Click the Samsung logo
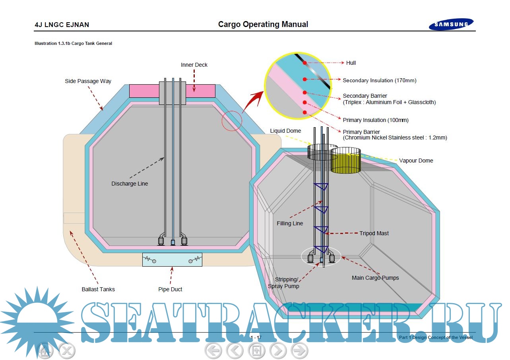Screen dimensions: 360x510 (451, 25)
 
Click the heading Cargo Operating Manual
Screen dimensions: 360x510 (263, 25)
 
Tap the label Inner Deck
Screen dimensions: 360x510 (194, 65)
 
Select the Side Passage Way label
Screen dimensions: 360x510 (88, 81)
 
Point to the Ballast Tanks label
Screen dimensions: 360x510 (98, 289)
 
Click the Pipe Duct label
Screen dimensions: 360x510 (170, 289)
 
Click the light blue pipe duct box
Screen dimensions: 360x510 (172, 260)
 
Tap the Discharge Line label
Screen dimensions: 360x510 (130, 184)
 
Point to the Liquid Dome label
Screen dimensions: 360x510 (285, 131)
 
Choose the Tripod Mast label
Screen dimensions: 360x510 (374, 233)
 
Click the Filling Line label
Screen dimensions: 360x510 (290, 223)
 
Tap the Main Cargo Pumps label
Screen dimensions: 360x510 (375, 278)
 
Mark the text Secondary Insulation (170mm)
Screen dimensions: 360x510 (379, 80)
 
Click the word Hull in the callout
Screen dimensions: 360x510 (351, 63)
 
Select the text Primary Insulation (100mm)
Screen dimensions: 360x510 (376, 120)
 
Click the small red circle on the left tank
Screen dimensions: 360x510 (232, 121)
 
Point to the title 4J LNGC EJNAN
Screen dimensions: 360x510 (62, 25)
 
